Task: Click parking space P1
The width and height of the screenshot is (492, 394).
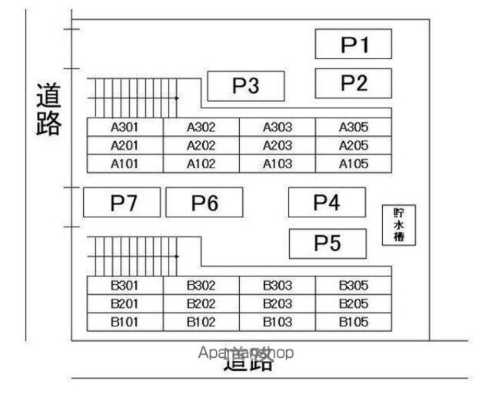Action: point(354,44)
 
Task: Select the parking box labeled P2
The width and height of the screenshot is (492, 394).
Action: point(354,82)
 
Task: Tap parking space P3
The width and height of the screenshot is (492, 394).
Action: point(246,86)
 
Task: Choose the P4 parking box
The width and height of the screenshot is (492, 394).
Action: point(326,202)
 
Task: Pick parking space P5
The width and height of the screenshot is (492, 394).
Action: point(326,243)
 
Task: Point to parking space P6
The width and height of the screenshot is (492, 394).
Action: point(204,203)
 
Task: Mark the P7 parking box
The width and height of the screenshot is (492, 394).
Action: point(122,203)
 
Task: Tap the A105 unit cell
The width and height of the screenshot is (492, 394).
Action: point(354,164)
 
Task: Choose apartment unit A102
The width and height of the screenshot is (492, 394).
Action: point(201,164)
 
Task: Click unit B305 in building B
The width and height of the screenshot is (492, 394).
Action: point(354,285)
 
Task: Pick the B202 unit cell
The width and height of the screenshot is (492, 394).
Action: point(201,303)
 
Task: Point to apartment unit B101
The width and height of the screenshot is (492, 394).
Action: point(125,322)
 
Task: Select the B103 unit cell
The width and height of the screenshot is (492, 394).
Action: point(278,322)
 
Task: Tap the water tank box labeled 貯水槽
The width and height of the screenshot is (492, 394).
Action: point(399,225)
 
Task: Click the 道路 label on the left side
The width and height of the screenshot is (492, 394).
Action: point(48,109)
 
